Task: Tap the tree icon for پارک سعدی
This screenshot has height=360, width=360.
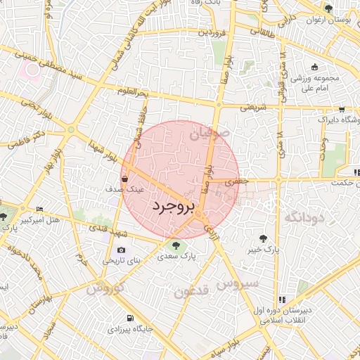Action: pyautogui.click(x=175, y=245)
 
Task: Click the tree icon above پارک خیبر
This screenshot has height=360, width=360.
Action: pyautogui.click(x=264, y=238)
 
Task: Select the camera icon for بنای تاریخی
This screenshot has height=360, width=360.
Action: pyautogui.click(x=122, y=250)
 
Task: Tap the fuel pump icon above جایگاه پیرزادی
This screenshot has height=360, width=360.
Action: pyautogui.click(x=127, y=317)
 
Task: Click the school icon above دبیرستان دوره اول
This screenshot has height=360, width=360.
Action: pyautogui.click(x=283, y=299)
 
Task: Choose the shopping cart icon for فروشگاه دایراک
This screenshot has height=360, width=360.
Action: pyautogui.click(x=341, y=109)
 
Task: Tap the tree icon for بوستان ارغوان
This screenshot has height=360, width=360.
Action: pyautogui.click(x=329, y=8)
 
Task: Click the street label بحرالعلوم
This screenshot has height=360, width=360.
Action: pyautogui.click(x=133, y=92)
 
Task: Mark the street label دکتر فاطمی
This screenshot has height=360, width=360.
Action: pyautogui.click(x=29, y=138)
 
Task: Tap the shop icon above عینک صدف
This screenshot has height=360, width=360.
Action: pyautogui.click(x=124, y=179)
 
